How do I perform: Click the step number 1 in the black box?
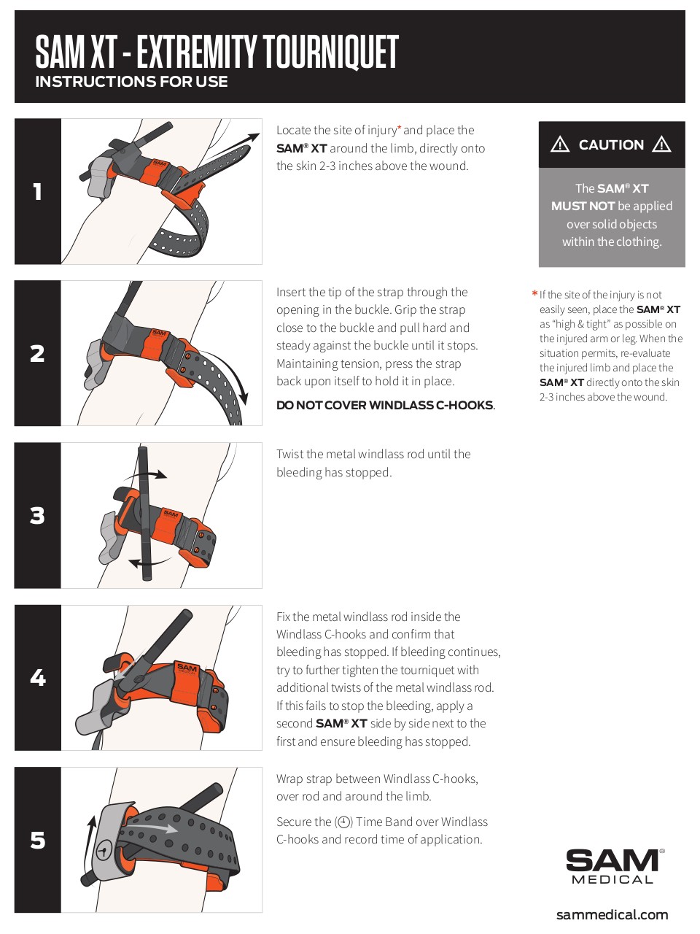click(37, 192)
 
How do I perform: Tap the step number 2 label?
click(37, 354)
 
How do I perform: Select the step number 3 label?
click(37, 516)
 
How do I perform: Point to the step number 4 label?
click(37, 678)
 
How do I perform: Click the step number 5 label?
click(37, 841)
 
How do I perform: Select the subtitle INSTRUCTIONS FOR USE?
click(131, 82)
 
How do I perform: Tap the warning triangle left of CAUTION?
click(560, 144)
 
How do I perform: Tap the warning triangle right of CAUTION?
click(661, 144)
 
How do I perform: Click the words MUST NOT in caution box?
click(583, 207)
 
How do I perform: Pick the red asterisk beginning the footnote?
click(534, 295)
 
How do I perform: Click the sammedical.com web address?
click(612, 914)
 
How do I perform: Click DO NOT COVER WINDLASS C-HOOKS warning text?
click(385, 406)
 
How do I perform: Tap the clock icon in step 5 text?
click(343, 822)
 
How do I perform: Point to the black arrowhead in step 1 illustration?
click(252, 138)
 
